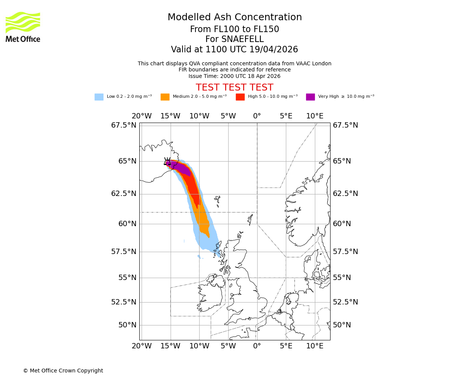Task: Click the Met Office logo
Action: (x=23, y=27)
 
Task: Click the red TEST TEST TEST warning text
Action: (x=234, y=87)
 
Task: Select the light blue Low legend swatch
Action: (x=99, y=97)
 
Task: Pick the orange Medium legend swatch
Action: (x=165, y=97)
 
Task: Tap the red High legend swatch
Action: (x=240, y=97)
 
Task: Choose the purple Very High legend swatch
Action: (x=310, y=97)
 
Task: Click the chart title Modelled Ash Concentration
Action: (x=234, y=17)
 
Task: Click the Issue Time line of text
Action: (x=234, y=76)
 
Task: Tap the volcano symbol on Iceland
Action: (x=167, y=161)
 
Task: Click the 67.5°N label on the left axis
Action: (x=124, y=125)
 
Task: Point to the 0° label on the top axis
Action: (x=257, y=116)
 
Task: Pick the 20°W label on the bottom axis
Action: (x=141, y=346)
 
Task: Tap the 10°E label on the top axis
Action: (x=314, y=116)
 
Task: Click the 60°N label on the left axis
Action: (x=127, y=224)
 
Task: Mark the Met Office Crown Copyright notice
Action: (x=63, y=371)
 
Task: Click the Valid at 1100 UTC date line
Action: (x=234, y=50)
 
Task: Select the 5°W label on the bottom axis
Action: (x=228, y=346)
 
